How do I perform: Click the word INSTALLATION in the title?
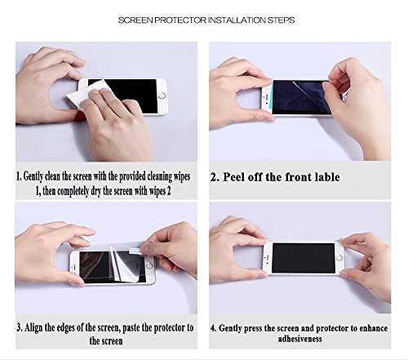pos(237,20)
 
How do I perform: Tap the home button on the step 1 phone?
pos(162,96)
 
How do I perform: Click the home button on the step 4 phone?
pos(339,258)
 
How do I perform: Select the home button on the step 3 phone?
pos(149,265)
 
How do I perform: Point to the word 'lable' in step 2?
pos(327,177)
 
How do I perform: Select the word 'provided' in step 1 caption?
pos(132,176)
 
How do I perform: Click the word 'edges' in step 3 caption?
pos(65,328)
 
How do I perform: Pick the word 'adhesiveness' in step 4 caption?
pos(299,339)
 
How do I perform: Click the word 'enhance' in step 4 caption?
pos(374,328)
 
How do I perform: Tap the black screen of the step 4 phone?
pos(304,258)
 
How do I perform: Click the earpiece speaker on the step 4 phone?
pos(267,257)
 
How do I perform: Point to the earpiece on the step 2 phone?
pos(267,96)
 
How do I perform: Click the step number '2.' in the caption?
pos(215,177)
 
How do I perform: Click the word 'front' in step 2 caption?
pos(299,177)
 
